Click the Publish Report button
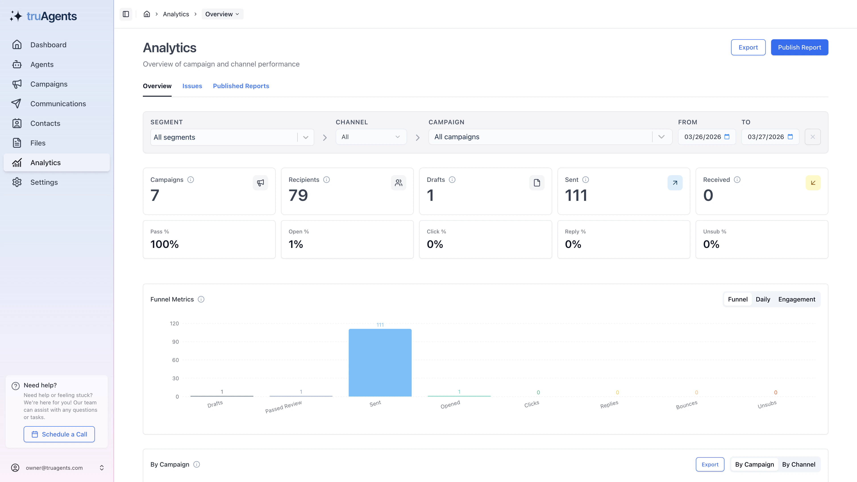799,47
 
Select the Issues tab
192,86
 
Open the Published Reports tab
241,86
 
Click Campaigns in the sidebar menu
49,84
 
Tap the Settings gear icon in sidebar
17,182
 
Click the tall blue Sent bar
380,363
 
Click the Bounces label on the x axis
686,405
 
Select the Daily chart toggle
763,299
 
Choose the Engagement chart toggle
797,299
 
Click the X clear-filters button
812,137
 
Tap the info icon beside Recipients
326,180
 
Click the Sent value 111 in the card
576,195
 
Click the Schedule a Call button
59,434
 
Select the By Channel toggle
799,464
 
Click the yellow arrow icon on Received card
813,183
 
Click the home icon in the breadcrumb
147,14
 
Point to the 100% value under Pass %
164,244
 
